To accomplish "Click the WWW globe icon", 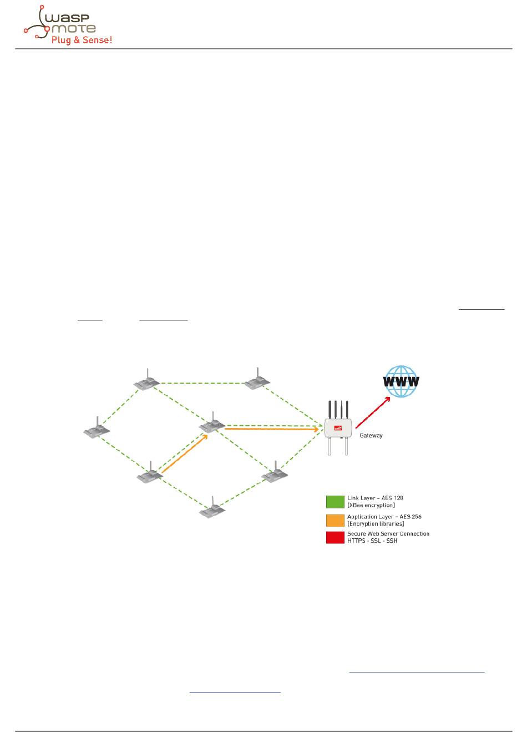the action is [x=401, y=381].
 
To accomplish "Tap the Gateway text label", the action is [x=371, y=436].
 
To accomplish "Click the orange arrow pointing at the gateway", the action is [x=272, y=429].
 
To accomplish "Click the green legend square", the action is [x=335, y=502].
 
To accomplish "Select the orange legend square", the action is [x=335, y=520].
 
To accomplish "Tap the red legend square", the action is [x=335, y=537].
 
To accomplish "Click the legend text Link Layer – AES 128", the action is [x=375, y=498].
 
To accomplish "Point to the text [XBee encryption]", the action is [x=371, y=506].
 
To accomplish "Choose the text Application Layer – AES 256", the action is [x=384, y=517].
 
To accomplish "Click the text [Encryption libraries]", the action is [x=376, y=524].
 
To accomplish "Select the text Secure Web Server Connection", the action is [x=388, y=534].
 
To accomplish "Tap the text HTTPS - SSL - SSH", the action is [x=372, y=541].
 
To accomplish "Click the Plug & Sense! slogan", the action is [x=82, y=40].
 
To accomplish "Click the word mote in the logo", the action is [x=73, y=28].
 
